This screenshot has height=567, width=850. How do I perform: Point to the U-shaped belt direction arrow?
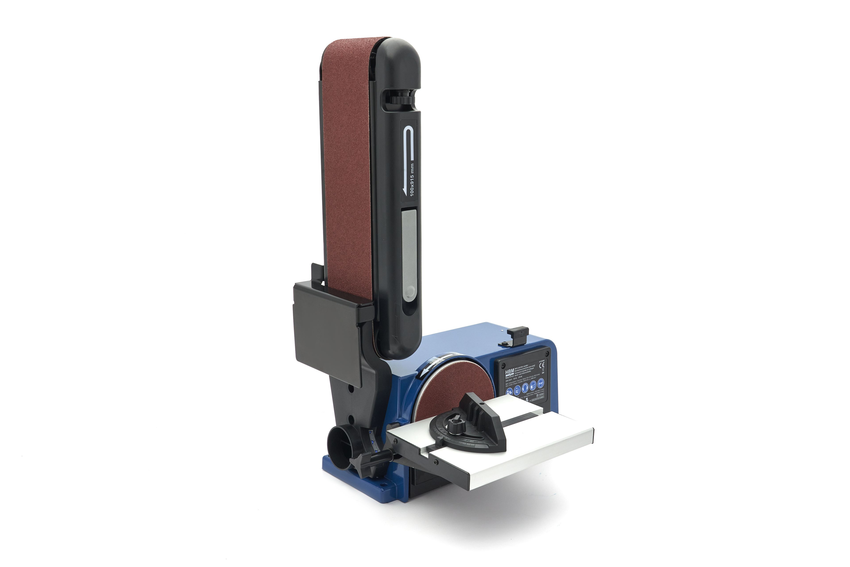point(410,145)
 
